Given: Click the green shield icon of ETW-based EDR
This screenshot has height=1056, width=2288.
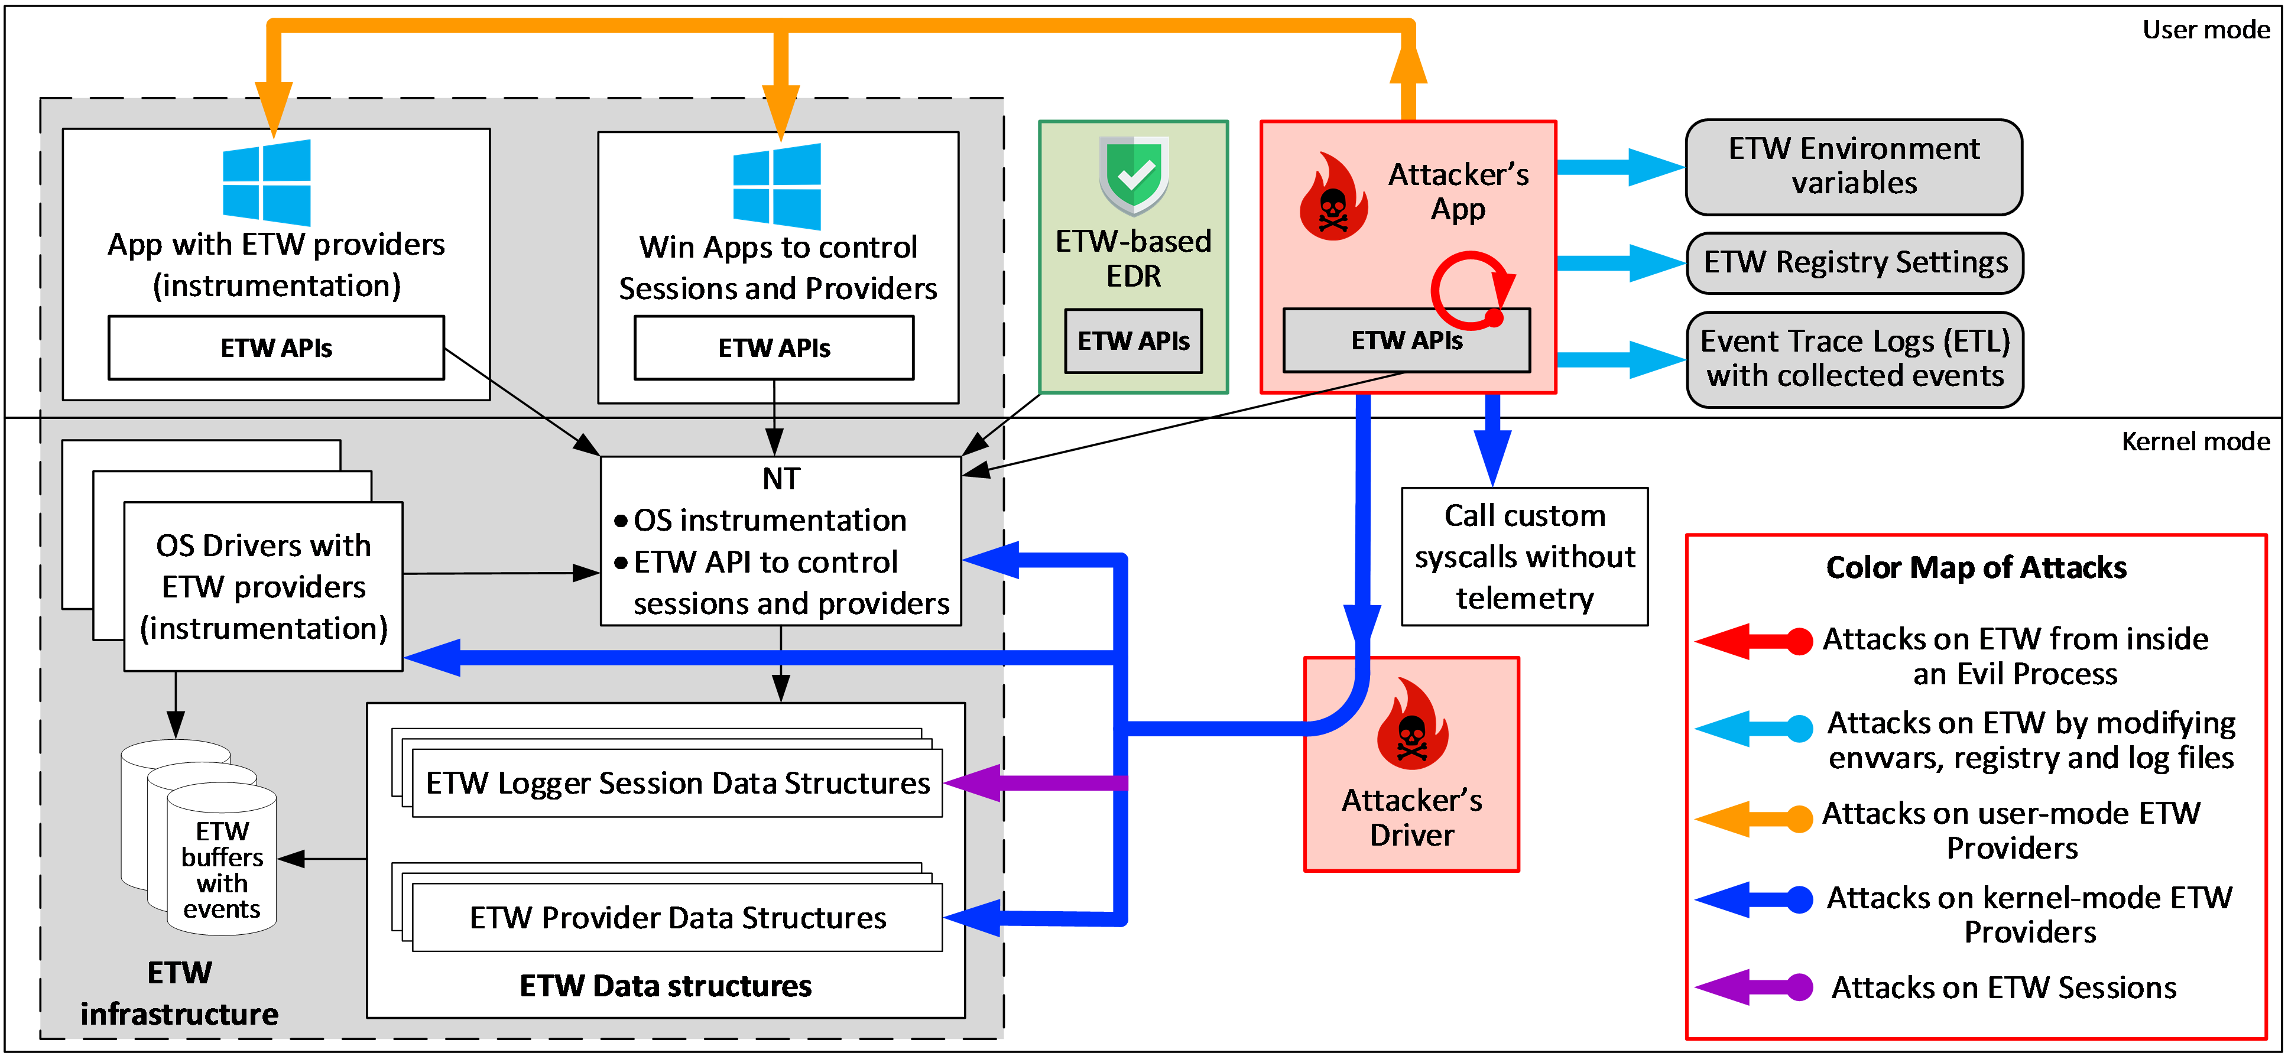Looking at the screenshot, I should (x=1134, y=176).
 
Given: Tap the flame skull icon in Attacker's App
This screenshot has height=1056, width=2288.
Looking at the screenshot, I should (x=1332, y=198).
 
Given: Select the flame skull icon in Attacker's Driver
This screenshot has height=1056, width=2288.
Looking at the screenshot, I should (x=1411, y=724).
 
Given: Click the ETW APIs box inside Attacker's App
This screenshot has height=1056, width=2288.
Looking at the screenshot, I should (x=1406, y=341).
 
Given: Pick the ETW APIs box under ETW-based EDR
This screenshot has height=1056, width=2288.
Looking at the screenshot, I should (x=1133, y=341).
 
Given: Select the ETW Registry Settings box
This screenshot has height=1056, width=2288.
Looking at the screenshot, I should (x=1855, y=263).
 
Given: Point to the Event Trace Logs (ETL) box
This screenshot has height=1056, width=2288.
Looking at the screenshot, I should (x=1855, y=359).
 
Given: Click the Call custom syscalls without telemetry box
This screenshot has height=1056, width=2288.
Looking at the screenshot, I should (x=1524, y=557).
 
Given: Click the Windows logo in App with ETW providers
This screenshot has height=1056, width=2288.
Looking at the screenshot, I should (x=267, y=182).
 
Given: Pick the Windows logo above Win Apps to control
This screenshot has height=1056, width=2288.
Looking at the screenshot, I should (x=777, y=187).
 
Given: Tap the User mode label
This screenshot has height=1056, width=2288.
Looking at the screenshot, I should (x=2205, y=30).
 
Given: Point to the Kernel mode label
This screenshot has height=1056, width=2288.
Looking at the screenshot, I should (x=2195, y=441).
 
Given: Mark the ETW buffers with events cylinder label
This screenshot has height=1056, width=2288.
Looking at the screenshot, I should (x=222, y=870).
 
